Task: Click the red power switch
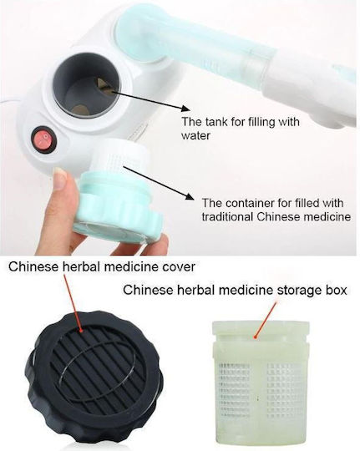click(44, 140)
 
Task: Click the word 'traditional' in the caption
click(227, 216)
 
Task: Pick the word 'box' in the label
click(337, 290)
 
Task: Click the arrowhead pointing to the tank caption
click(185, 109)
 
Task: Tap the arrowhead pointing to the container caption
click(188, 196)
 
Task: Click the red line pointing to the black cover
click(74, 303)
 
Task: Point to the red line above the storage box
click(264, 320)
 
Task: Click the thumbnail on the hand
click(61, 179)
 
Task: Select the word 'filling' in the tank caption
click(255, 122)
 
